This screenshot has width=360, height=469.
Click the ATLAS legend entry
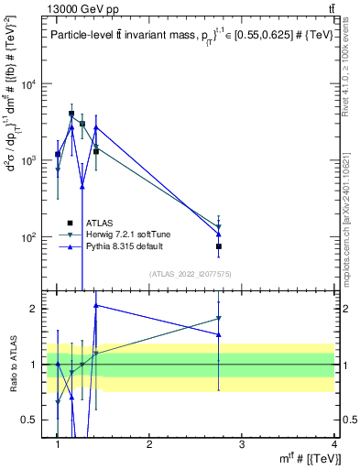click(100, 223)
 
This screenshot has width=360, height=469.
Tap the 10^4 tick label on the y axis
click(28, 85)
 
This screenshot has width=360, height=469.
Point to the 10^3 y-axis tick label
click(28, 161)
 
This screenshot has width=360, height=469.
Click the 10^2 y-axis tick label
click(28, 237)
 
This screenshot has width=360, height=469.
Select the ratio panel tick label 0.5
click(30, 420)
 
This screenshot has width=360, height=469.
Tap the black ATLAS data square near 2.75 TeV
click(219, 246)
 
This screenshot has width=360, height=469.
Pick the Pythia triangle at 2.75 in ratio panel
click(219, 334)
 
